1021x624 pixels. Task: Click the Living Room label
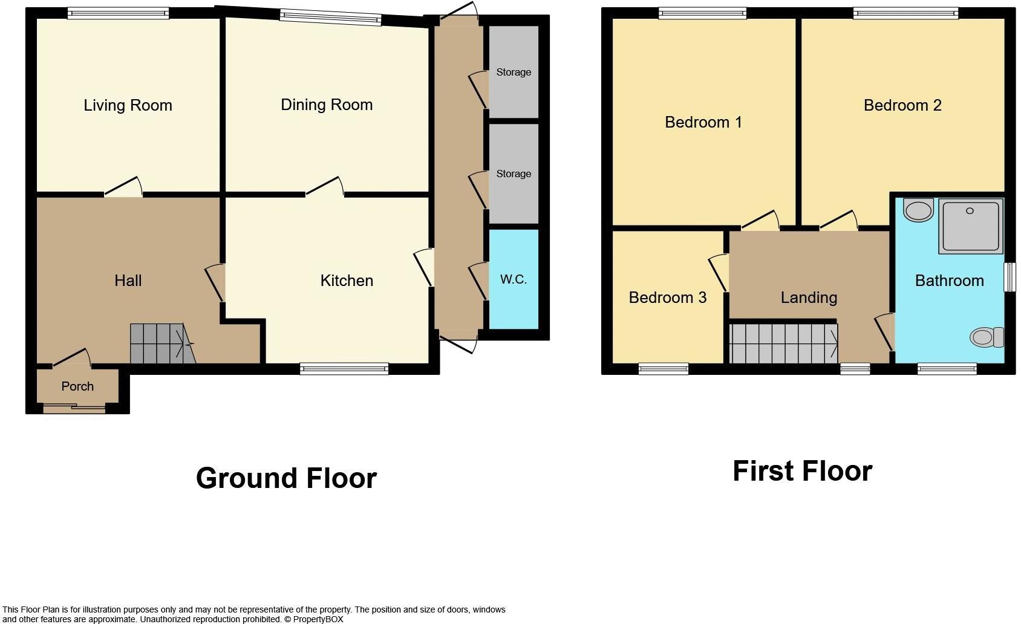point(128,105)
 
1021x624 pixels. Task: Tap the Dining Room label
point(327,105)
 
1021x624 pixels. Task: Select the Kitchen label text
point(347,281)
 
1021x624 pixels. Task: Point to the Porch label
point(77,386)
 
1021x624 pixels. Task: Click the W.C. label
point(514,279)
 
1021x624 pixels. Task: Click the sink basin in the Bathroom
point(918,210)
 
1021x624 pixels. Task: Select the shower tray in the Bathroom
point(971,226)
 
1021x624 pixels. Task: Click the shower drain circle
point(970,210)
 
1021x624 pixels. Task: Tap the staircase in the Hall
point(163,343)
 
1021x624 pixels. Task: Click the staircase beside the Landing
point(783,343)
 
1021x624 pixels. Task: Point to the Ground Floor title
point(286,478)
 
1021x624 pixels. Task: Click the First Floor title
point(802,471)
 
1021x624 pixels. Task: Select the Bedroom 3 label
point(667,297)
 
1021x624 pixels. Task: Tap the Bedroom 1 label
point(703,122)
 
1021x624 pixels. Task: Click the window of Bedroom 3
point(664,368)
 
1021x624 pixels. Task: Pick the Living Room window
point(119,13)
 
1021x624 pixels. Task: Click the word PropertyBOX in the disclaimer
point(318,619)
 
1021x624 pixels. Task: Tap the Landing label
point(809,297)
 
